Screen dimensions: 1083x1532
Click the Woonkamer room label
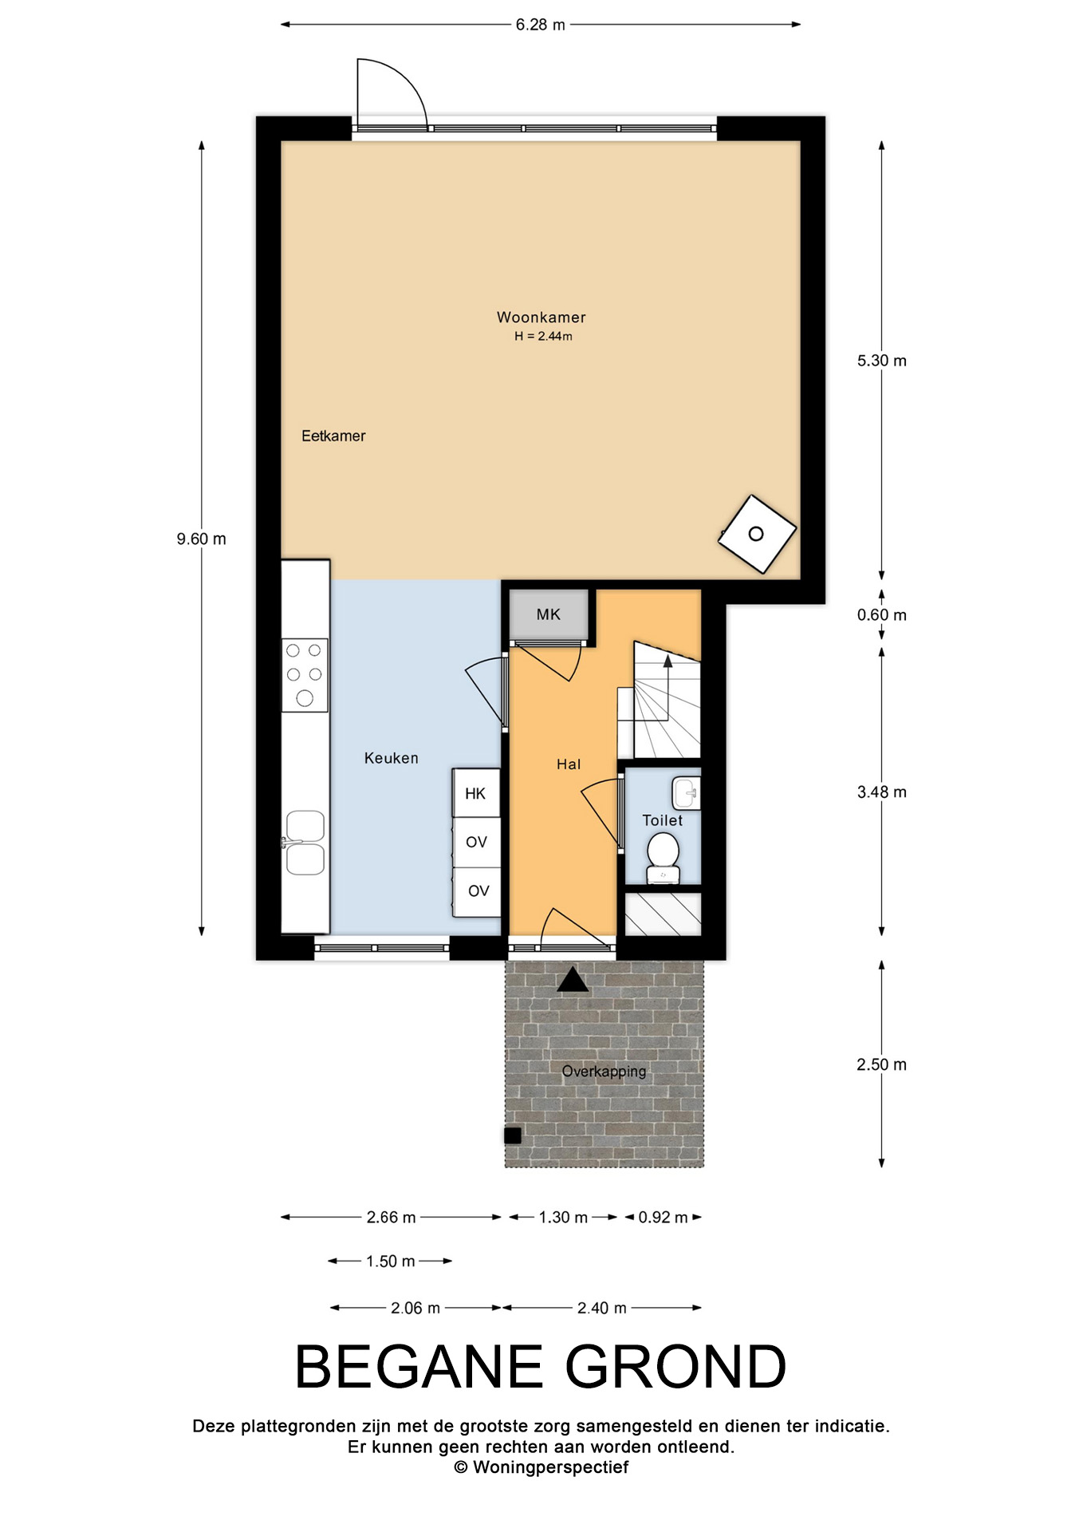[541, 318]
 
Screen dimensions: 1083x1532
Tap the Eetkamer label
[333, 436]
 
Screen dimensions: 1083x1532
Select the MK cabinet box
[549, 614]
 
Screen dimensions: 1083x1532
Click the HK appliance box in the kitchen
[476, 793]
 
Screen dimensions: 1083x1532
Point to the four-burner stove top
[305, 675]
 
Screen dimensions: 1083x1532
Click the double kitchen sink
[305, 843]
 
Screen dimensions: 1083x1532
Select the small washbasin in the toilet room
[686, 793]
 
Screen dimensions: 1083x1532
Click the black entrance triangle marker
[572, 979]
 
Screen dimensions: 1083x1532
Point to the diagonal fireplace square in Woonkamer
[757, 534]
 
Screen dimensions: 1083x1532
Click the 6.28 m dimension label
[540, 25]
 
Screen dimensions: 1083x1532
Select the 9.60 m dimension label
[202, 539]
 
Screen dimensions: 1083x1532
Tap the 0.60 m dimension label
[882, 615]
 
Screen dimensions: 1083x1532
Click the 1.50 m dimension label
[391, 1262]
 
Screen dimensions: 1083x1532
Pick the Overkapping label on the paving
[604, 1072]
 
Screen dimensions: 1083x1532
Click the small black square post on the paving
[513, 1135]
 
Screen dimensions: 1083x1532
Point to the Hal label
[569, 764]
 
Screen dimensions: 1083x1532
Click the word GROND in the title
[675, 1367]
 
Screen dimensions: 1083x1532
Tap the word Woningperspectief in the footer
[550, 1467]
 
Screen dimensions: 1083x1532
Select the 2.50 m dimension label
[882, 1064]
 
